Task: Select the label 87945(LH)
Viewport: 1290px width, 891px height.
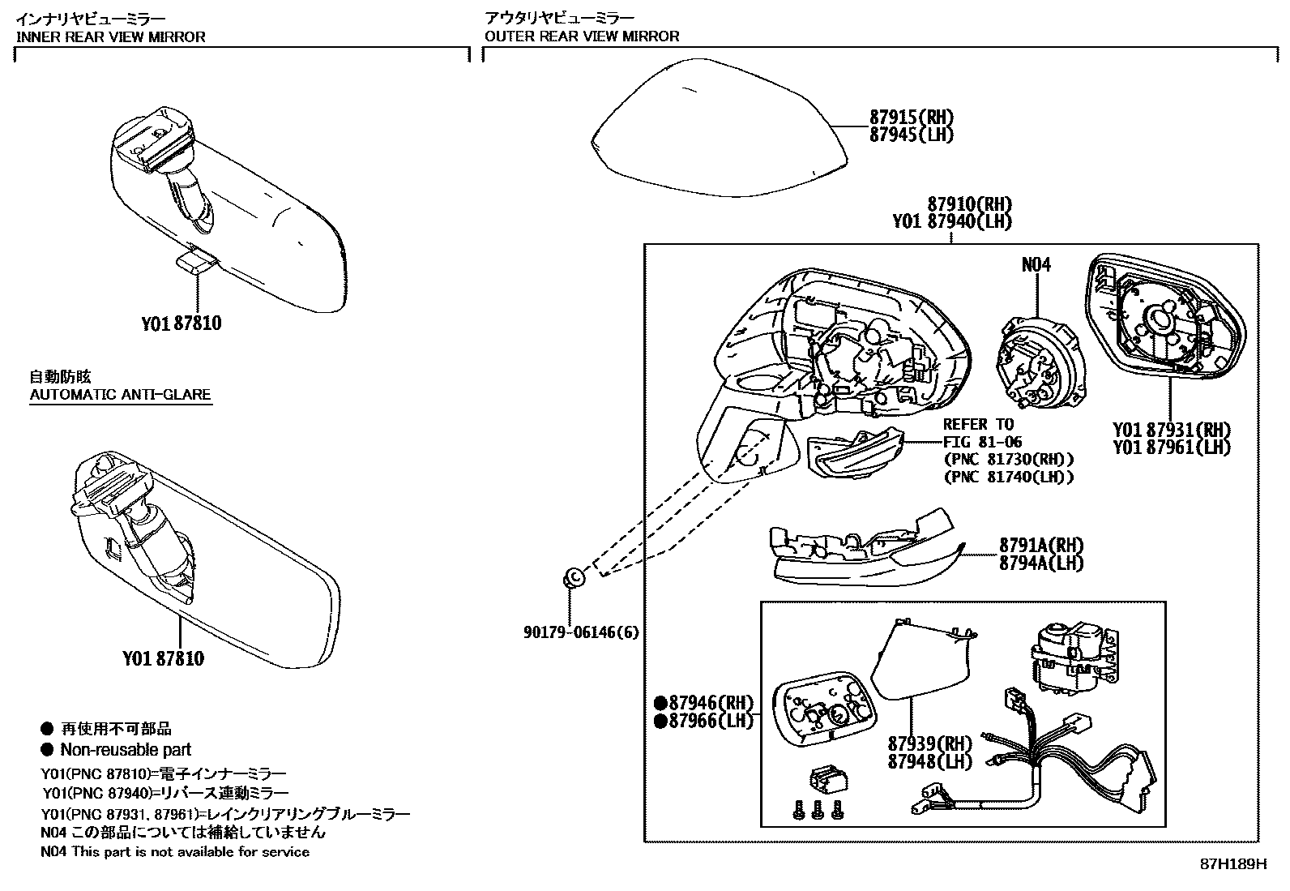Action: (911, 135)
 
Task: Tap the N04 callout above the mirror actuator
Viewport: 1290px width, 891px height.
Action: (1036, 265)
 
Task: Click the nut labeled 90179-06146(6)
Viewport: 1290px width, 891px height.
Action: (574, 578)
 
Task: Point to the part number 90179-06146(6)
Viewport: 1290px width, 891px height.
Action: (581, 632)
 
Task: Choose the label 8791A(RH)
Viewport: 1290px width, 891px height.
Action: (1040, 546)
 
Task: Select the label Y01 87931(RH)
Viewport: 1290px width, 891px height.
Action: (1171, 430)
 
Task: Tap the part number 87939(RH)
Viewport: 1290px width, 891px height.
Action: (929, 743)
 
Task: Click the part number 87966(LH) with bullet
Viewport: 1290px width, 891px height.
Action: (704, 721)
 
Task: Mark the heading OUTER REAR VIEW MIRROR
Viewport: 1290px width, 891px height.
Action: (581, 36)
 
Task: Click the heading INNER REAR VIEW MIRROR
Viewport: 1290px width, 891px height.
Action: (111, 36)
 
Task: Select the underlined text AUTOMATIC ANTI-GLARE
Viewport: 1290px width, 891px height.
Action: (120, 396)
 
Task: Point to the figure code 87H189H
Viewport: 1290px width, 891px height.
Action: (1232, 864)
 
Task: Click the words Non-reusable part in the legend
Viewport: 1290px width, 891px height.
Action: (126, 750)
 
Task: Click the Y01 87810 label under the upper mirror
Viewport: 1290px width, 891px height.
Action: (181, 323)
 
